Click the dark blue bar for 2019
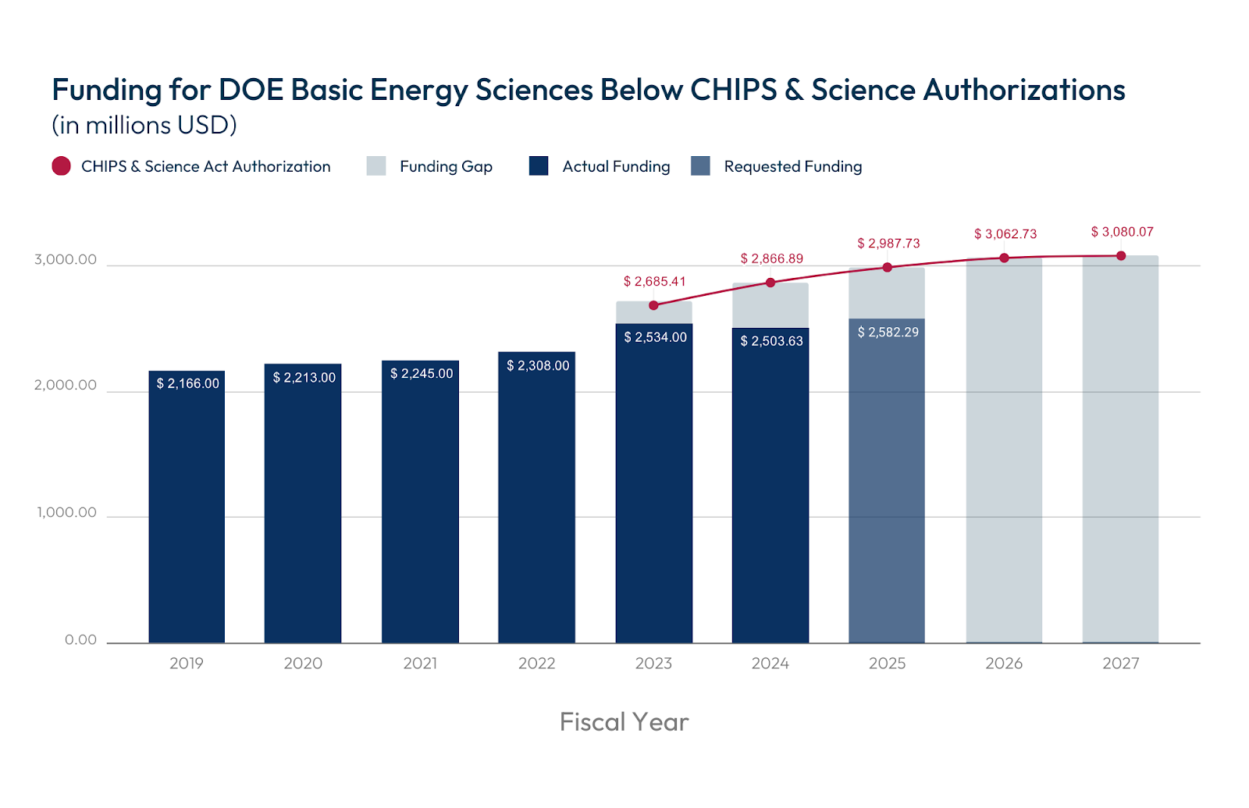coord(187,515)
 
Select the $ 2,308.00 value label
coord(538,365)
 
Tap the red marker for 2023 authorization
coord(653,305)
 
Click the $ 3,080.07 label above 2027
coord(1122,232)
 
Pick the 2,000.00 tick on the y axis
coord(66,385)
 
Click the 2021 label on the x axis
coord(420,663)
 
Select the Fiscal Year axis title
coord(624,721)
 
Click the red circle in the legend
coord(61,166)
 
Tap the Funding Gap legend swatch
coord(376,166)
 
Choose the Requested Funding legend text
coord(792,166)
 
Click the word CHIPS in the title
coord(733,90)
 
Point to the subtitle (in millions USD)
coord(144,125)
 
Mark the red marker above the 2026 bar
coord(1004,258)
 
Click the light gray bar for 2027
coord(1120,453)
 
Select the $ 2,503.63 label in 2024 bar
coord(771,341)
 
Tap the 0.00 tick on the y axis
coord(80,640)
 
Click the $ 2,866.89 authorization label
coord(771,258)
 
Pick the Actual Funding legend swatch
coord(539,166)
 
